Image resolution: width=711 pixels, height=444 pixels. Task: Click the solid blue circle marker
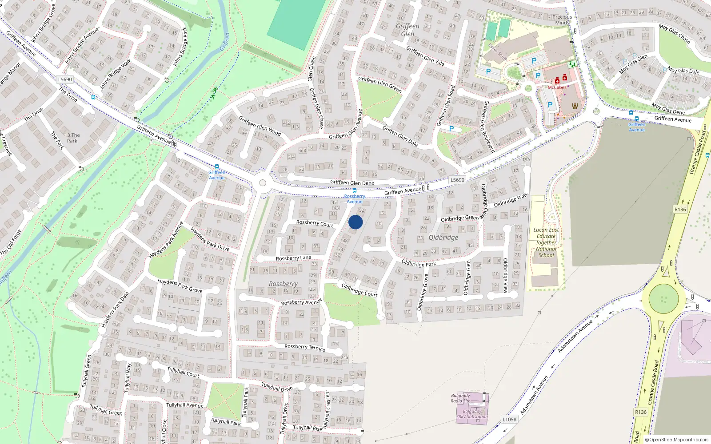pos(355,222)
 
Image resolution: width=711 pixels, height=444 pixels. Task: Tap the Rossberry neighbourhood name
pos(283,284)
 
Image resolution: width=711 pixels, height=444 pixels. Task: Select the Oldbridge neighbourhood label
pos(443,238)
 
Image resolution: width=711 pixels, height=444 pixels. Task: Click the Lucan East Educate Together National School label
pos(546,242)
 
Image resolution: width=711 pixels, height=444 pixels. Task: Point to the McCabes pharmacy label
pos(557,87)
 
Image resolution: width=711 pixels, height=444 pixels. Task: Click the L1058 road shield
pos(509,419)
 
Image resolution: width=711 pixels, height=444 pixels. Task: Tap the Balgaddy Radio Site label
pos(460,398)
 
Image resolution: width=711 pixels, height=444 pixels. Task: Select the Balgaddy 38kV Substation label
pos(471,414)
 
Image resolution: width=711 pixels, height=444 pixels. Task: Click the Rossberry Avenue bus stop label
pos(355,198)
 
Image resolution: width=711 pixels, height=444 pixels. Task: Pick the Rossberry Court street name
pos(314,223)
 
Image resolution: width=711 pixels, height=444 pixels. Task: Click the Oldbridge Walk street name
pos(511,200)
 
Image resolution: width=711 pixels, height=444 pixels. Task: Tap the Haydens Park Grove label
pos(180,285)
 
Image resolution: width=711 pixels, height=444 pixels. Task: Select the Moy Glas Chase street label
pos(675,34)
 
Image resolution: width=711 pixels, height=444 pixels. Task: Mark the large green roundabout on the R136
pos(663,298)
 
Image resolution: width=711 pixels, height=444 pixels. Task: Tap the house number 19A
pos(526,160)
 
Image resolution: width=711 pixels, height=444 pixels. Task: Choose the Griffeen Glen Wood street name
pos(260,126)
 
